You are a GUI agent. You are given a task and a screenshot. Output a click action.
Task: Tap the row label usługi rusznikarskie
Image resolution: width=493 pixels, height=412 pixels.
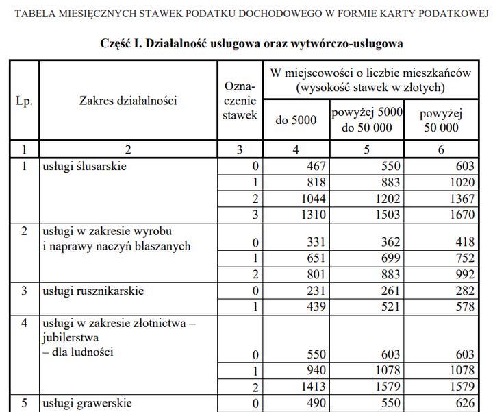coord(92,291)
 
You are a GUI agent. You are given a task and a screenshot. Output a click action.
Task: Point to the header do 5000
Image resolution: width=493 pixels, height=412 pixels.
coord(296,120)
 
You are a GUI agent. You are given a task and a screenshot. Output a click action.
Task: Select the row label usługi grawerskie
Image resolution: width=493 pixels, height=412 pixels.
coord(86,402)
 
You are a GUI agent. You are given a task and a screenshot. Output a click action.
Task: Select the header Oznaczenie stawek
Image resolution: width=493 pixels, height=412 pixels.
coord(240,101)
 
